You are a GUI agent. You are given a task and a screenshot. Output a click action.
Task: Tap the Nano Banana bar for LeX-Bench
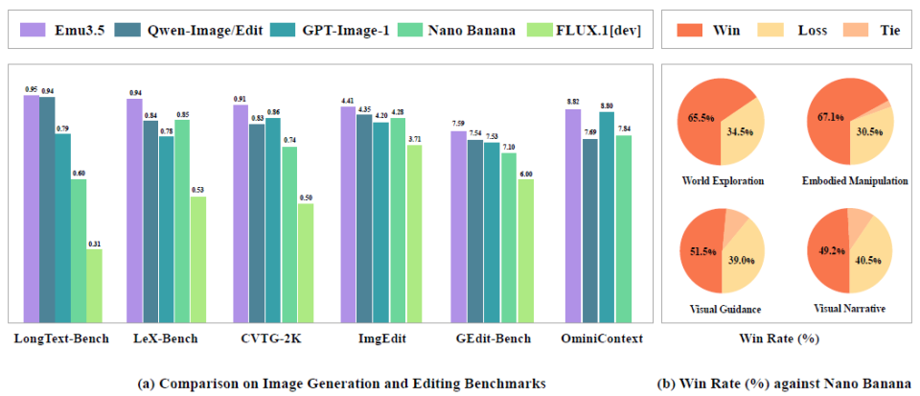click(x=181, y=221)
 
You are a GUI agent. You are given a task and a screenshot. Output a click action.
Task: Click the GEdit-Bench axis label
click(x=494, y=338)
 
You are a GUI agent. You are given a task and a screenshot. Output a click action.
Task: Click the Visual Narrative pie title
click(x=849, y=309)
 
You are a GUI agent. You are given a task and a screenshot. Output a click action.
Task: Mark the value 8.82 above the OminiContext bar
click(x=572, y=101)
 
